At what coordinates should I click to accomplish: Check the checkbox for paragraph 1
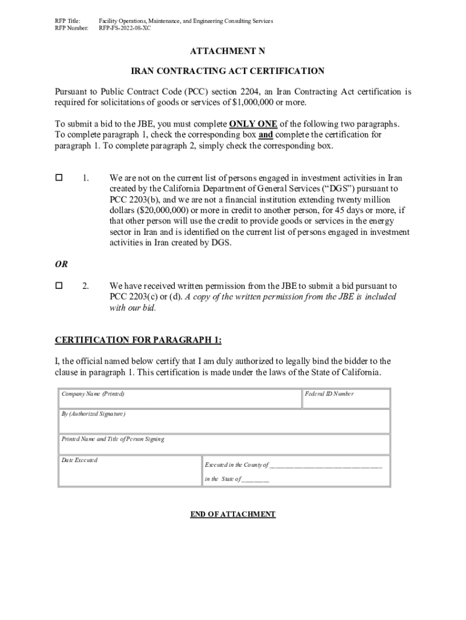59,178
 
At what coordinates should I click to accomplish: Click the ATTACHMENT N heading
233,51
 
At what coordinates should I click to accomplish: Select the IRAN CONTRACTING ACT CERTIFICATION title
233,71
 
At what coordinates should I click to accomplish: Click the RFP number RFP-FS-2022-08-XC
124,28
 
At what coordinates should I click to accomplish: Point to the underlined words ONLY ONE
253,124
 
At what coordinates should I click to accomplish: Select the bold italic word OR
61,264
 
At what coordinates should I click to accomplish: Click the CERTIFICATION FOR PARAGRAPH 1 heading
142,340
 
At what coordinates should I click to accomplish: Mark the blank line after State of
255,479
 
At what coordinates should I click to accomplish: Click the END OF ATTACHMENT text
233,514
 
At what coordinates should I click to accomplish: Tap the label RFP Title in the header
68,21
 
